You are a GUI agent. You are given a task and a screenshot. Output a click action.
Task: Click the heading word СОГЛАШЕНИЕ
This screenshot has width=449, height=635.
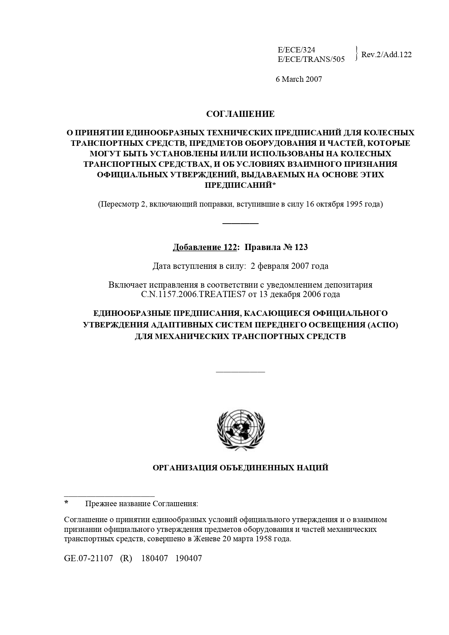tap(240, 114)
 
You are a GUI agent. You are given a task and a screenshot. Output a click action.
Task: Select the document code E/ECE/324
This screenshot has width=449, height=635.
tap(296, 50)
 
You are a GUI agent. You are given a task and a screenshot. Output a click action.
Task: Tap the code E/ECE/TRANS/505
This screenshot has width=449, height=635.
tap(311, 59)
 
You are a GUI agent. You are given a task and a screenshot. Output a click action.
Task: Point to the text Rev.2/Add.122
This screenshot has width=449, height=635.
tap(386, 55)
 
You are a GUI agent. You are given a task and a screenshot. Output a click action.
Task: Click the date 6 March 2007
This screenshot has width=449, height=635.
tap(299, 79)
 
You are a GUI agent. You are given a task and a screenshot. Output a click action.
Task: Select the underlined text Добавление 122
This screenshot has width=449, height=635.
tap(204, 247)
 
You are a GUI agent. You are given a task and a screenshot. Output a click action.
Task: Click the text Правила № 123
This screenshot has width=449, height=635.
tap(276, 247)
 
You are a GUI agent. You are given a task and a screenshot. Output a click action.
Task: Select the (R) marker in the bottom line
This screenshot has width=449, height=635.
tap(126, 558)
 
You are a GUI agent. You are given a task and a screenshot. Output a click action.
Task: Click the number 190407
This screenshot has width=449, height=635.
tap(189, 558)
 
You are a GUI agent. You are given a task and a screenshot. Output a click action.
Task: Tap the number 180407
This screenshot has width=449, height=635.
tap(154, 558)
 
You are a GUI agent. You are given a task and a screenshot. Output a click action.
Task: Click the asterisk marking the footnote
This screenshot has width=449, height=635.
tap(66, 503)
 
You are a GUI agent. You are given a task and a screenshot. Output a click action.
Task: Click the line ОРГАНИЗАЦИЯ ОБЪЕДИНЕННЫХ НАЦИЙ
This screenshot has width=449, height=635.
tap(241, 468)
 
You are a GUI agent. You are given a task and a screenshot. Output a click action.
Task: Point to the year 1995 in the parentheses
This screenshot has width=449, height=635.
tap(355, 204)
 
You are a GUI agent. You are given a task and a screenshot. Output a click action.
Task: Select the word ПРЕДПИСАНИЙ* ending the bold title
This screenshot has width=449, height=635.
tap(240, 185)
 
